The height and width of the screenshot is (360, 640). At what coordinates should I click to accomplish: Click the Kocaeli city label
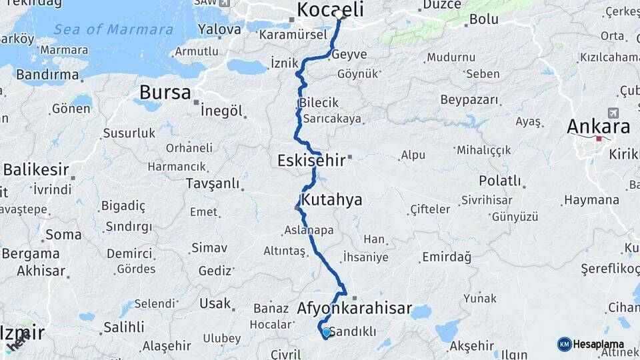point(330,9)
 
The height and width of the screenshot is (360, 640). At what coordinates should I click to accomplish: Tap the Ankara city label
point(598,127)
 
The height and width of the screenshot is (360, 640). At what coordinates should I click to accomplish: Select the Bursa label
point(165,93)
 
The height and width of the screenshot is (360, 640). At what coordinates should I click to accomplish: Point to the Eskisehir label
point(311,160)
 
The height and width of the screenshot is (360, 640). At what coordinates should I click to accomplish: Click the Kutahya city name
point(331,199)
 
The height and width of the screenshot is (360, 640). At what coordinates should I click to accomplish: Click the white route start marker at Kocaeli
point(339,15)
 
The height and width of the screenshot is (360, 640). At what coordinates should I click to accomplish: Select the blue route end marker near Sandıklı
point(326,331)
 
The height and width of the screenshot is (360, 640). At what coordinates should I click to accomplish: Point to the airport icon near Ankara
point(613,113)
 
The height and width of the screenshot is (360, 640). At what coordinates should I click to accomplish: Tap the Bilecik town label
point(319,103)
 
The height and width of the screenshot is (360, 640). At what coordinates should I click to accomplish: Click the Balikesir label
point(37,170)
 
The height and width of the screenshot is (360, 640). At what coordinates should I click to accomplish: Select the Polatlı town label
point(499,181)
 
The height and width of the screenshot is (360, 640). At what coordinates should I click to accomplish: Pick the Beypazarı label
point(469,100)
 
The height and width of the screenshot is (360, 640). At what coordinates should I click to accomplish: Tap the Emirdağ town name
point(446,257)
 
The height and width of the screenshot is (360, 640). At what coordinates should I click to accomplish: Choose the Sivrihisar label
point(487,199)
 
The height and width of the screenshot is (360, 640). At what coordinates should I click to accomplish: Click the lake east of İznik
point(246,67)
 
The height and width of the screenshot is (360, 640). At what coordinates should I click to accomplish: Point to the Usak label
point(215,303)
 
